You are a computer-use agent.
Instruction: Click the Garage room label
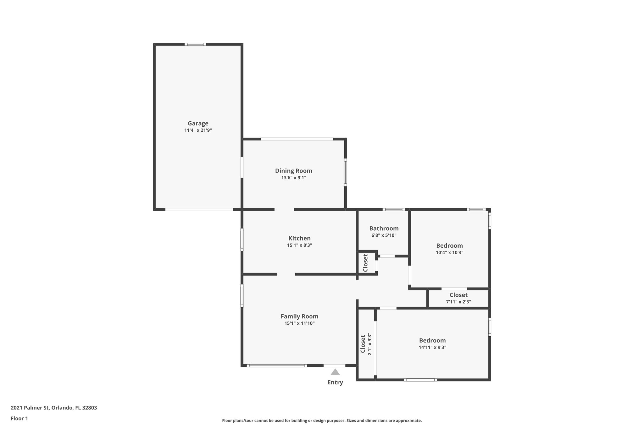[198, 124]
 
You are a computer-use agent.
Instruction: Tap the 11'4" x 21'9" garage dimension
[198, 130]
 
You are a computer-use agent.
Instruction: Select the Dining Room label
[293, 171]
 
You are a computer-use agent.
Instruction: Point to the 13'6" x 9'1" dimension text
[293, 178]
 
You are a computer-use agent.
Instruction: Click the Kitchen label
[299, 238]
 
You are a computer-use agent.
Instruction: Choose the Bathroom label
[384, 228]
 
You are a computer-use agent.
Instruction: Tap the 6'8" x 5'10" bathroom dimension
[384, 235]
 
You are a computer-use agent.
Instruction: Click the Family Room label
[299, 316]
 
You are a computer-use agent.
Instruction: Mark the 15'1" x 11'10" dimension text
[299, 323]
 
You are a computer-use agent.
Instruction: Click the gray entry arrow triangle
[335, 372]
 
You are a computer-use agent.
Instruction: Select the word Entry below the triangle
[335, 382]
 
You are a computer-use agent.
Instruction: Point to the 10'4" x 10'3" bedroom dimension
[449, 252]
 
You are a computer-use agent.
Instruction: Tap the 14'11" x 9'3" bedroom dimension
[432, 347]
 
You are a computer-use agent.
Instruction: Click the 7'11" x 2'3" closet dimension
[458, 302]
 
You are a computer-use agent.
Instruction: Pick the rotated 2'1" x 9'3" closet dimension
[370, 344]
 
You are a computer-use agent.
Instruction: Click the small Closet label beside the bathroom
[365, 263]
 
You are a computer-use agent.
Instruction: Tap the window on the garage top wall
[195, 44]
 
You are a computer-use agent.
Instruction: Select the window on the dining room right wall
[345, 172]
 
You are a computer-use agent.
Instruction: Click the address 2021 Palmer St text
[54, 408]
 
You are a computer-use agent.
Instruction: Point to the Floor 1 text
[19, 419]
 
